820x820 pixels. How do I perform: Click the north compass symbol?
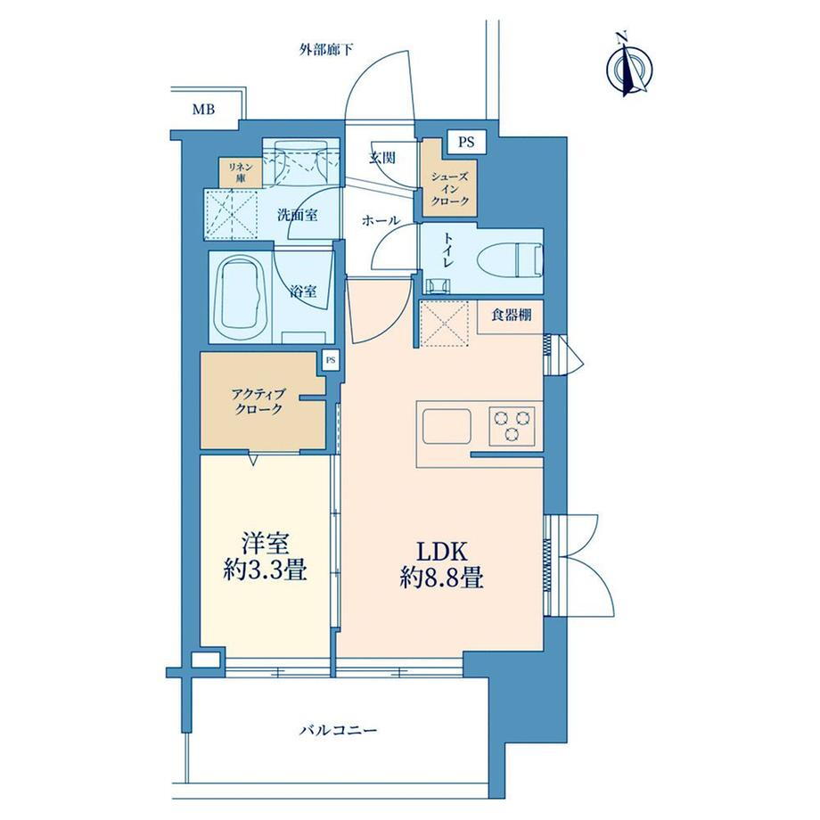coord(629,64)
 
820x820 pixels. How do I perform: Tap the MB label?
coord(203,110)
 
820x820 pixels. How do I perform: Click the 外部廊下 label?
coord(326,50)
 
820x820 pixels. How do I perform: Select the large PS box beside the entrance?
coord(466,142)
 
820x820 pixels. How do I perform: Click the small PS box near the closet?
coord(331,360)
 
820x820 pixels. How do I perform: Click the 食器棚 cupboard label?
coord(512,315)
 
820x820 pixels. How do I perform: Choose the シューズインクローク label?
coord(450,189)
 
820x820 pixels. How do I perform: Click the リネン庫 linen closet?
coord(240,173)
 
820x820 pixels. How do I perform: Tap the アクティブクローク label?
coord(258,402)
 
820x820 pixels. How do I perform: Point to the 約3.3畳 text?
coord(265,571)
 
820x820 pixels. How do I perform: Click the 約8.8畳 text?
coord(442,578)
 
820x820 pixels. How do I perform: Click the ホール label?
coord(381,221)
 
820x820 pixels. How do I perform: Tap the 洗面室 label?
coord(298,215)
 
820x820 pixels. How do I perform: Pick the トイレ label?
coord(448,250)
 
